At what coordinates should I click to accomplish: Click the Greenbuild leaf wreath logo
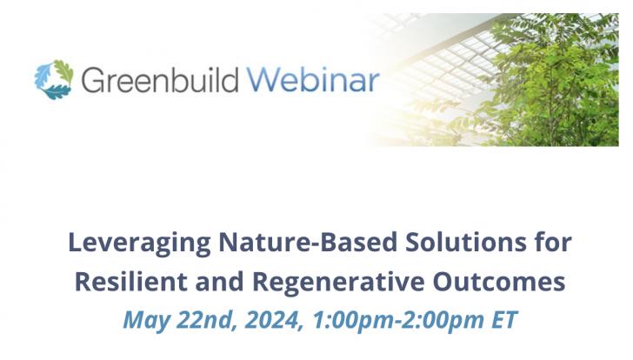(x=53, y=80)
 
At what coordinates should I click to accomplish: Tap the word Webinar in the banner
(x=313, y=80)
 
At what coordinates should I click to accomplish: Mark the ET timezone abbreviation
(x=503, y=319)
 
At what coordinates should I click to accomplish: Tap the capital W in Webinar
(x=263, y=80)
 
